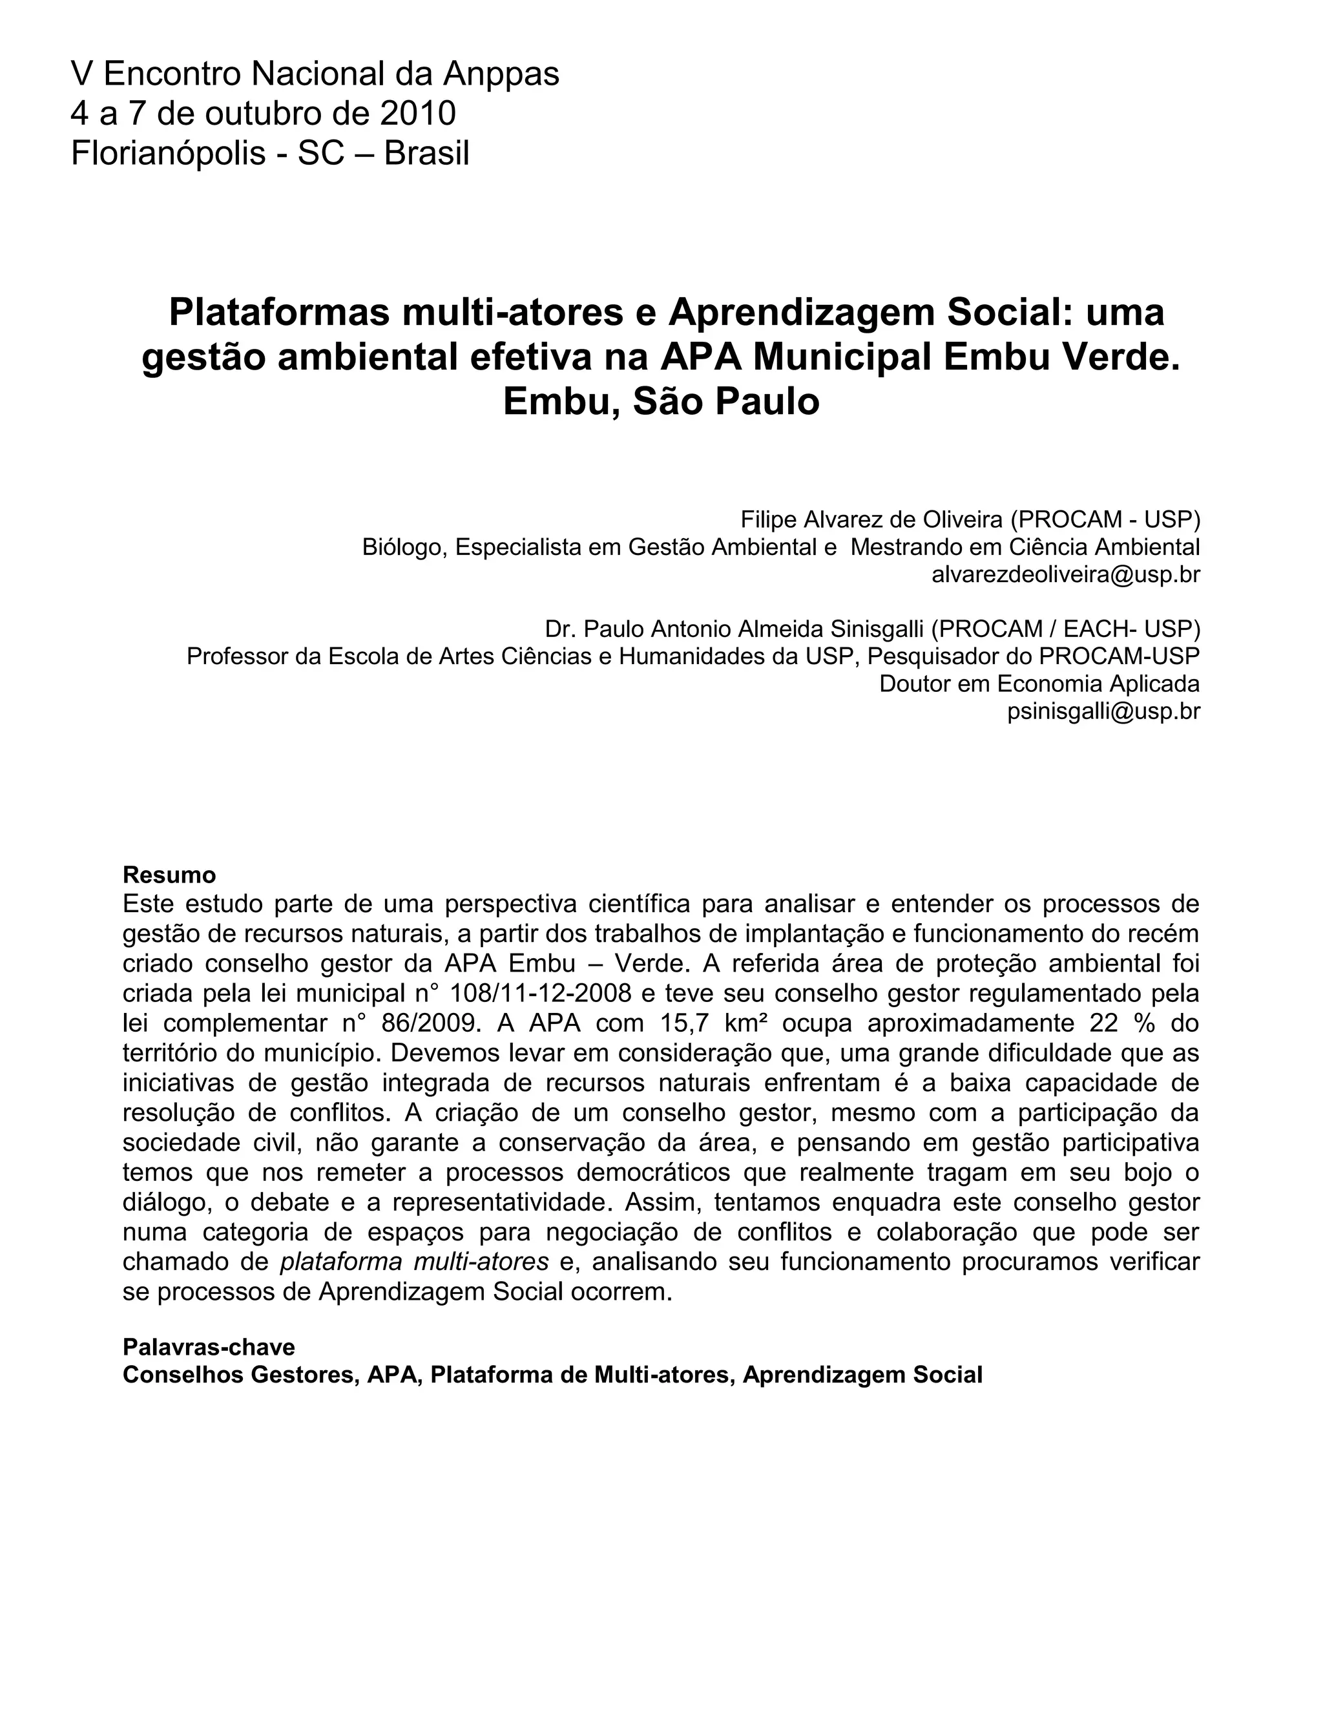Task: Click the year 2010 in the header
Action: tap(418, 114)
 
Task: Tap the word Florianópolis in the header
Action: tap(168, 154)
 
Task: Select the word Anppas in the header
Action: tap(501, 74)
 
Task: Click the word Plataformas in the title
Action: tap(279, 312)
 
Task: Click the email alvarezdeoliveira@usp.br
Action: tap(1065, 574)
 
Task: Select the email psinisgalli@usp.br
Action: tap(1103, 711)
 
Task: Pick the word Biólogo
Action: tap(404, 547)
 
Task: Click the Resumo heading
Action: tap(169, 874)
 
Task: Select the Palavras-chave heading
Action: tap(209, 1348)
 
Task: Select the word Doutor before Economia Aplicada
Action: tap(915, 684)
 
